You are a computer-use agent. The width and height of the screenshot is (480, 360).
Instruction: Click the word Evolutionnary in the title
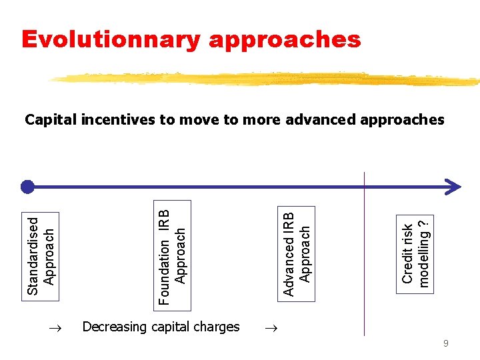[111, 39]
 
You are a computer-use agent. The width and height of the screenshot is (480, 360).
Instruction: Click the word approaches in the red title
[285, 40]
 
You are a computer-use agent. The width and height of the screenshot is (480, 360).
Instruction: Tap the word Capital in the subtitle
[50, 120]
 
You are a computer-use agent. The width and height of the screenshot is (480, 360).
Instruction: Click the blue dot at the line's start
[27, 186]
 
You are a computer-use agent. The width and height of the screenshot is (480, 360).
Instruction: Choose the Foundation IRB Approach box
[173, 255]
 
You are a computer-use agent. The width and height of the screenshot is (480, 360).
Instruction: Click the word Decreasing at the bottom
[113, 327]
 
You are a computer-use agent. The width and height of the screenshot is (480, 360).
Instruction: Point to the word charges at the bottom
[216, 327]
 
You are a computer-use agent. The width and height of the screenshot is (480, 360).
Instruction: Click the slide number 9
[446, 344]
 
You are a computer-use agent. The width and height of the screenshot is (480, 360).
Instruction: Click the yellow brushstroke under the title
[267, 79]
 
